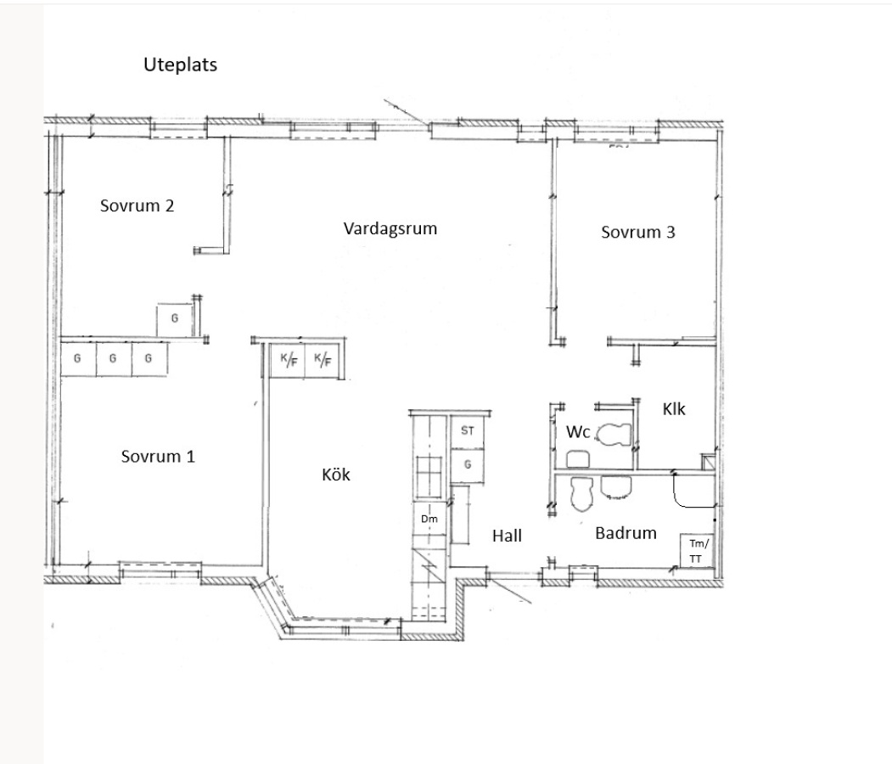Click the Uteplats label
(180, 65)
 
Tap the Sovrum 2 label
(137, 205)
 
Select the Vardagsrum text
(390, 228)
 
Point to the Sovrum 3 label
(638, 232)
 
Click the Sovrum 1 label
(158, 456)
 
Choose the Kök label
(336, 475)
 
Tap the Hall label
(507, 536)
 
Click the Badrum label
(626, 533)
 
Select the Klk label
(674, 409)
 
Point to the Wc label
(578, 432)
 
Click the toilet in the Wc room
(614, 435)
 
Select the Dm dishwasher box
(429, 519)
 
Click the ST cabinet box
(468, 430)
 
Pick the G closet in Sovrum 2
(175, 319)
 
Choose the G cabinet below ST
(468, 465)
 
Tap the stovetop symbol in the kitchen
(430, 477)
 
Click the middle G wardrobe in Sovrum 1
(113, 358)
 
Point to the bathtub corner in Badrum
(693, 491)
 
